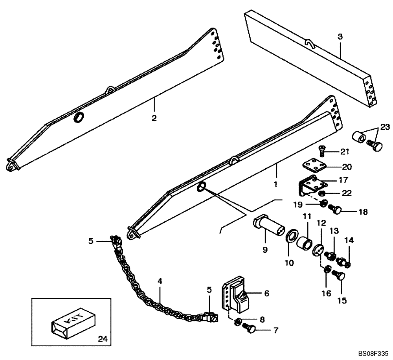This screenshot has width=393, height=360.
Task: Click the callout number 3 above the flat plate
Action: pos(340,37)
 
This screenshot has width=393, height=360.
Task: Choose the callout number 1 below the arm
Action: pos(276,184)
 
